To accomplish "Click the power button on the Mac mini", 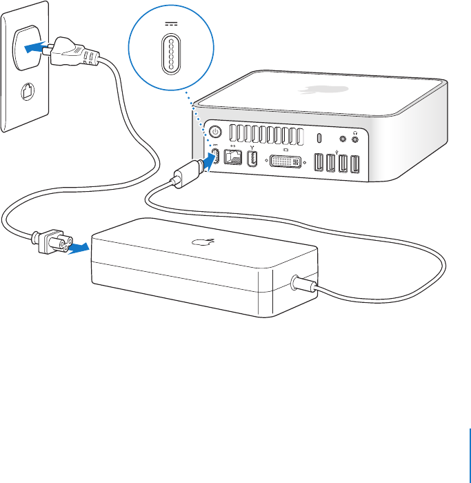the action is [215, 131].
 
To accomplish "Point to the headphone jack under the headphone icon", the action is [355, 139].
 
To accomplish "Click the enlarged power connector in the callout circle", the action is [166, 52].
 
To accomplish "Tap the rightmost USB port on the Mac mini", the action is [354, 165].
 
